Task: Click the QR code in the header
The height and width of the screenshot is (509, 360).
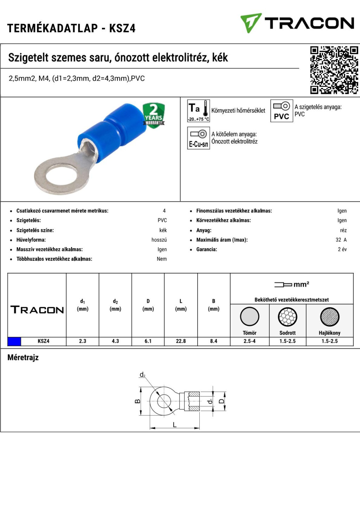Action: click(x=334, y=70)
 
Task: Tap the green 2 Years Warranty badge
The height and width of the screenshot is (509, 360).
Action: click(x=154, y=115)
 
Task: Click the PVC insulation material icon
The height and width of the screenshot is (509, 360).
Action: click(x=281, y=111)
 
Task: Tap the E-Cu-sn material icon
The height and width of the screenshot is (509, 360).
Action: click(x=198, y=138)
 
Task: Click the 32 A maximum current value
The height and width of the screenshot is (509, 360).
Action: click(x=341, y=240)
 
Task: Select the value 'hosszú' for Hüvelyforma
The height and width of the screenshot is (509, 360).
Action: click(x=159, y=240)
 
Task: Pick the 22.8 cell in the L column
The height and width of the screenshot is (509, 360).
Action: click(x=181, y=341)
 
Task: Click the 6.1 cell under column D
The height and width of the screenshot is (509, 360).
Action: click(x=148, y=341)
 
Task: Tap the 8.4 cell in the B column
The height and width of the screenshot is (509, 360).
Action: click(x=213, y=341)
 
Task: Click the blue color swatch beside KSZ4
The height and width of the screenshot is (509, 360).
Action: click(x=14, y=341)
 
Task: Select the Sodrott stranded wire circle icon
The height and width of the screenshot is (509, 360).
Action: click(x=288, y=317)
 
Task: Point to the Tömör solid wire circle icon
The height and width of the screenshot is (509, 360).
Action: click(x=250, y=316)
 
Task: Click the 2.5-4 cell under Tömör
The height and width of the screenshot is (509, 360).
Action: click(x=250, y=341)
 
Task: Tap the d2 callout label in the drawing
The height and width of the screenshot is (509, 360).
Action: click(x=142, y=375)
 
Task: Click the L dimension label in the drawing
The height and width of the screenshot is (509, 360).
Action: click(x=174, y=425)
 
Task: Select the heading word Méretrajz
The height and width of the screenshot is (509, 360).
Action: click(x=23, y=357)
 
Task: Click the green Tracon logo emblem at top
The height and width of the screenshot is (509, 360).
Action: click(x=250, y=23)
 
